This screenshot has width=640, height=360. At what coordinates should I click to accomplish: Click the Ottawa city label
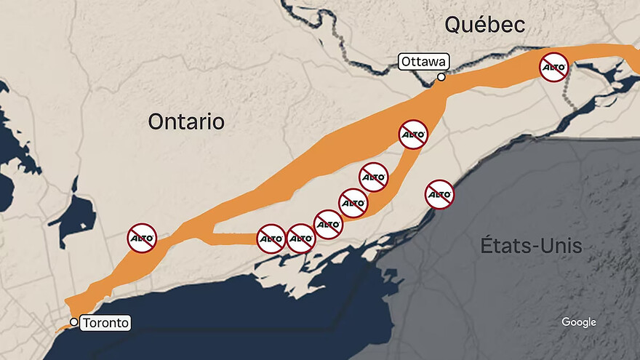[x=423, y=62]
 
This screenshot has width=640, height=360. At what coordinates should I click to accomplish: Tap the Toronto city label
[x=105, y=322]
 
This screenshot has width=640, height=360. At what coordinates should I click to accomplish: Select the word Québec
[x=484, y=25]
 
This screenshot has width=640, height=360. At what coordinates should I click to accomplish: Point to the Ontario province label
[x=185, y=121]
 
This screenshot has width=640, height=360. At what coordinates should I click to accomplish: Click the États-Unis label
[x=531, y=245]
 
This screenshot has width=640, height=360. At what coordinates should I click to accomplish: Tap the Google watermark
[x=578, y=322]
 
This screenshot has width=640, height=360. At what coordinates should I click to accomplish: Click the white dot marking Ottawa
[x=441, y=77]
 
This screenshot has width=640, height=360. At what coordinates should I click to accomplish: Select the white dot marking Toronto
[x=73, y=322]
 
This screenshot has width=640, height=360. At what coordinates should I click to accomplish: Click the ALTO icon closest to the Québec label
[x=553, y=66]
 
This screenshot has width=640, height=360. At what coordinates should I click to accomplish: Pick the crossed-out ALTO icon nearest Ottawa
[x=413, y=135]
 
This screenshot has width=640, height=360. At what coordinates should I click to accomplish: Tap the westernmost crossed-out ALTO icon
[x=142, y=238]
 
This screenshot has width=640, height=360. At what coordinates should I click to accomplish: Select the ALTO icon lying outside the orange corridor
[x=439, y=194]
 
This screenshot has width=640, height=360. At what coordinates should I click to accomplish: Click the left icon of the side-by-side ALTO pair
[x=271, y=239]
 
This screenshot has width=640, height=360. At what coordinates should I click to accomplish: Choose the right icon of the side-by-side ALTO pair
[x=300, y=239]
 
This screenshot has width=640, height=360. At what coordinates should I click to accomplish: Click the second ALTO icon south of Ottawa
[x=374, y=177]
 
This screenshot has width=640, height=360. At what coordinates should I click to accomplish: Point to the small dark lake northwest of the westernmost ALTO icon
[x=77, y=217]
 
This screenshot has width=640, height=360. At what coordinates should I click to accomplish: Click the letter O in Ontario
[x=156, y=121]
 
